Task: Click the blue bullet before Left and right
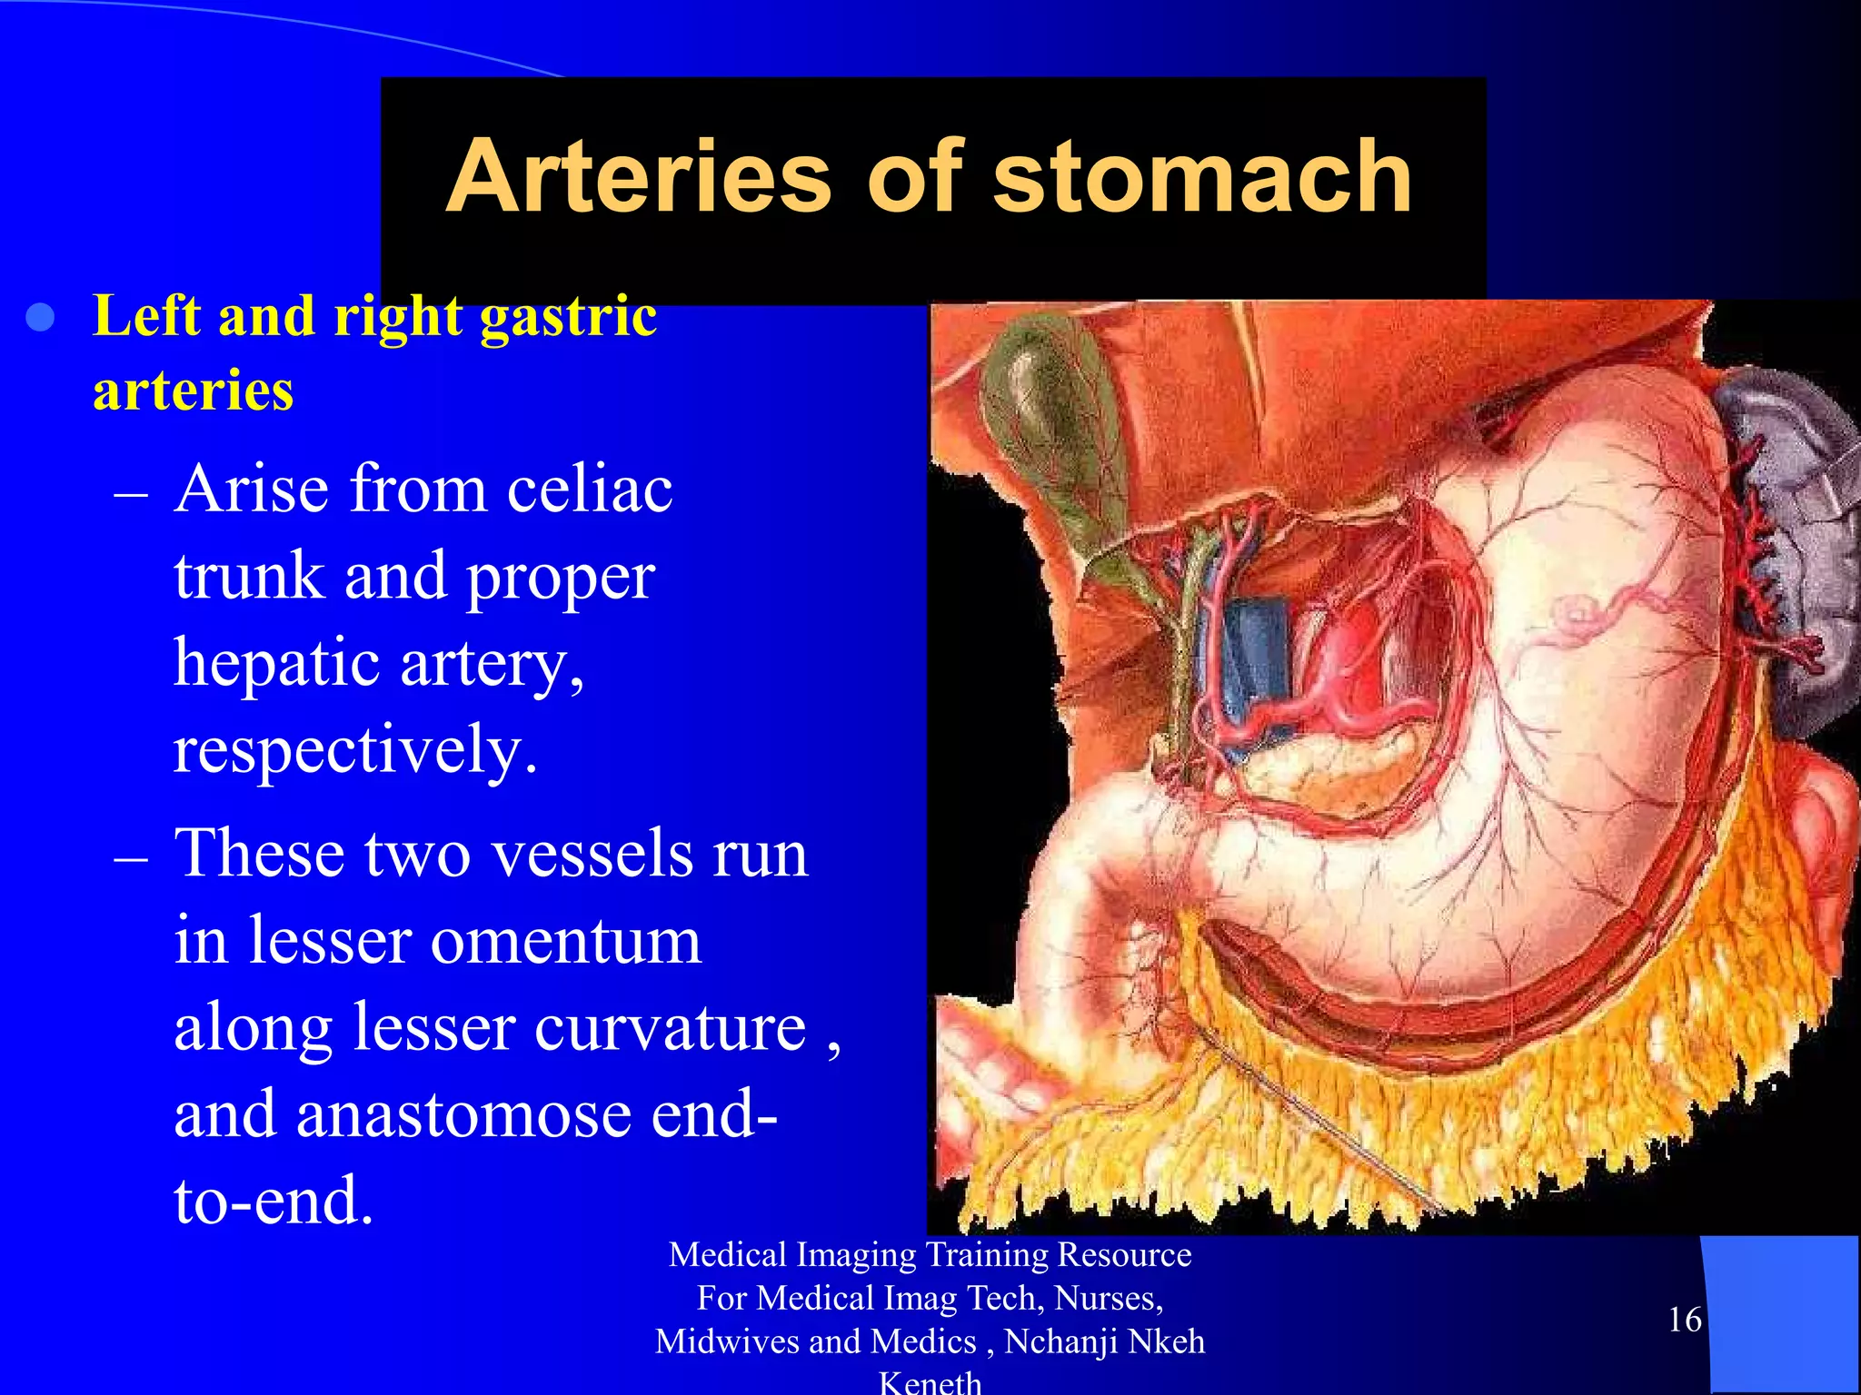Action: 41,319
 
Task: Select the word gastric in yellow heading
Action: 568,319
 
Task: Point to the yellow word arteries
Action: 193,391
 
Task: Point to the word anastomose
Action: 463,1115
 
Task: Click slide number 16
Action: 1684,1320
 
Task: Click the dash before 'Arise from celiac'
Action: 131,495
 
